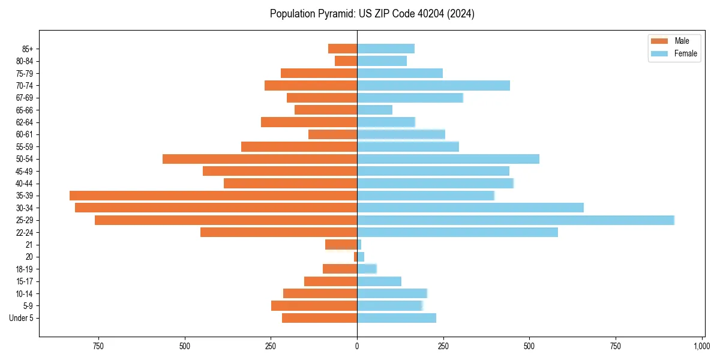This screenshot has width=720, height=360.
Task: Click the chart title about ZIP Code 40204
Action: [372, 14]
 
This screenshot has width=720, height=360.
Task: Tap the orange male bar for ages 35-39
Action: [213, 196]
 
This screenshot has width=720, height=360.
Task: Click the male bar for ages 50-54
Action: [260, 159]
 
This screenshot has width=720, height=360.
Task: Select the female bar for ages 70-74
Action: [433, 86]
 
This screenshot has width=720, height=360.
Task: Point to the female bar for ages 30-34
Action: [470, 208]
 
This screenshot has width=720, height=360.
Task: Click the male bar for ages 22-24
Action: [278, 232]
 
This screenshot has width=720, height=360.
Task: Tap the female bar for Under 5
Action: [396, 318]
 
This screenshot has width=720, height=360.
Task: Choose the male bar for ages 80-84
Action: [346, 61]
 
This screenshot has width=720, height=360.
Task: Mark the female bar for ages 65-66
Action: [374, 110]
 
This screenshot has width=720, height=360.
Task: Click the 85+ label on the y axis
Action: [26, 49]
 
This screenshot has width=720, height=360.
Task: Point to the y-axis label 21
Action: [29, 245]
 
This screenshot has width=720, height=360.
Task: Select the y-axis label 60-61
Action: [24, 134]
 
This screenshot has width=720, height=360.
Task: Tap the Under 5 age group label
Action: [22, 318]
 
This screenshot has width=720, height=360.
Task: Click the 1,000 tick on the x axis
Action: [701, 346]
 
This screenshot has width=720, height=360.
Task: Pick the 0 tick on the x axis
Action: [357, 346]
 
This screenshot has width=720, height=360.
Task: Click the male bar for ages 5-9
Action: [314, 306]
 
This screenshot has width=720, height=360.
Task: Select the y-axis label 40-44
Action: [24, 184]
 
